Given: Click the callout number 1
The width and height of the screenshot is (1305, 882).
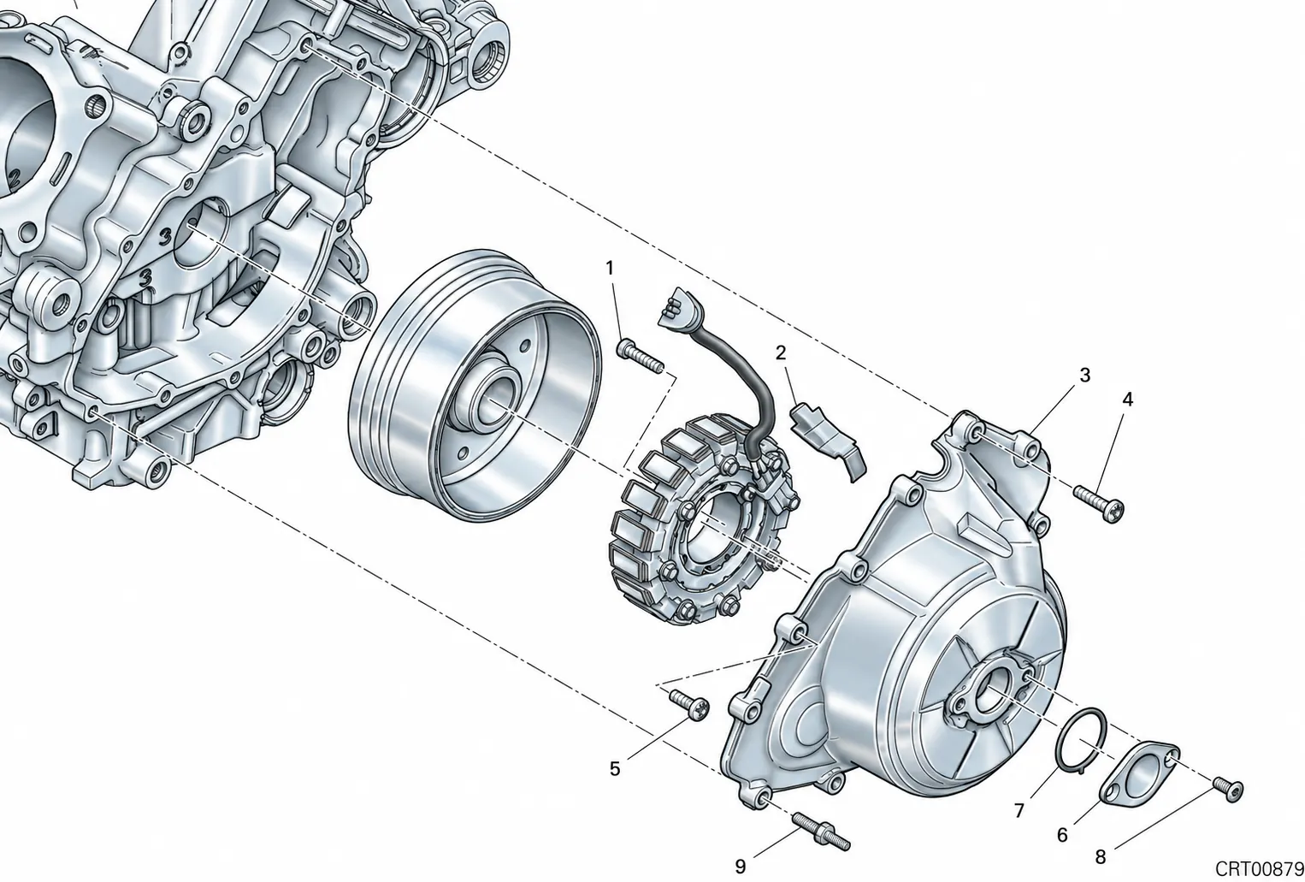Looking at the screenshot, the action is (x=610, y=269).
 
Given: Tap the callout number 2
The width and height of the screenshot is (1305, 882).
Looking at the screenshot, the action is (x=781, y=352).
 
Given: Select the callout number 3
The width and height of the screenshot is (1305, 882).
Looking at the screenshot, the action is (x=1084, y=376).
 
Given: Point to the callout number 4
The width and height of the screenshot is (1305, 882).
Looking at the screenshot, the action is (x=1127, y=400).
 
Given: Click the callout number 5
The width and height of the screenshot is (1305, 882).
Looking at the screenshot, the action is (x=615, y=769).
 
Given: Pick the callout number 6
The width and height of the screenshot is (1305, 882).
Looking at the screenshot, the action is (x=1062, y=835).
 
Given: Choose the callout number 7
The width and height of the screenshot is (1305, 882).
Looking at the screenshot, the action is (x=1019, y=810).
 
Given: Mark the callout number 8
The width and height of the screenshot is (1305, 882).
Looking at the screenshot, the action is (x=1100, y=857).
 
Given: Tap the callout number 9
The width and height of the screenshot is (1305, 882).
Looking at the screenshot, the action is (x=740, y=867).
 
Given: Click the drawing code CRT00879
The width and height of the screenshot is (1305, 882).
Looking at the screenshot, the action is (x=1260, y=869).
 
